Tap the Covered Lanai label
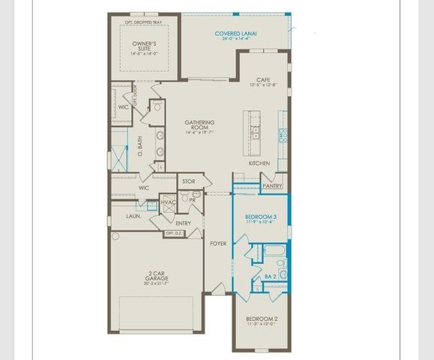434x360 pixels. point(235,34)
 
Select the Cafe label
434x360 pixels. point(262,79)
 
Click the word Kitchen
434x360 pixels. point(259,163)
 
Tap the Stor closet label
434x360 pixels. point(188,181)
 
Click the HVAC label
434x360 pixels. point(168,202)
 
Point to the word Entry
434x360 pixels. point(183,223)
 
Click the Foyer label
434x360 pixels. point(217,243)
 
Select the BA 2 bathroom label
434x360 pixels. point(271,277)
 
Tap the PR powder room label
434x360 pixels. point(193,200)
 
